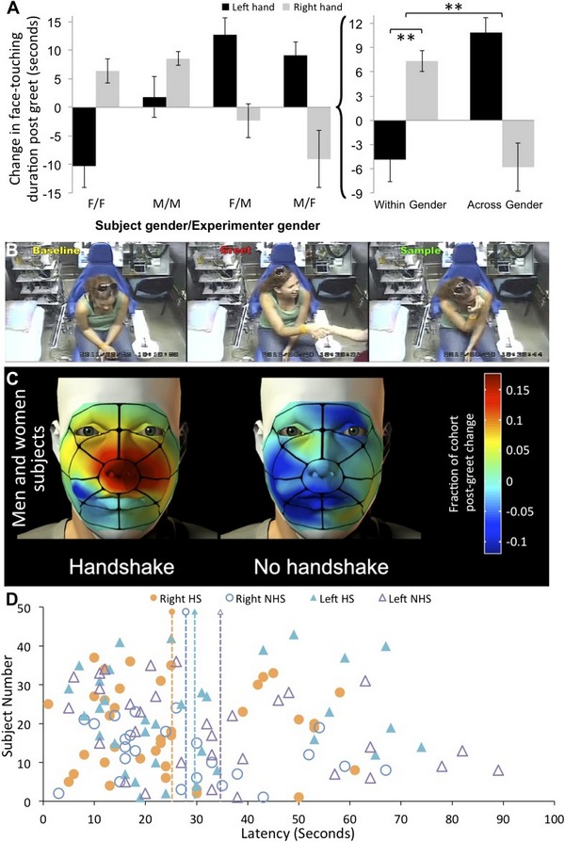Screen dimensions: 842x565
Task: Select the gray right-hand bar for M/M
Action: (151, 83)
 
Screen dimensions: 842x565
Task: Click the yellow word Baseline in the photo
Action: (39, 226)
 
